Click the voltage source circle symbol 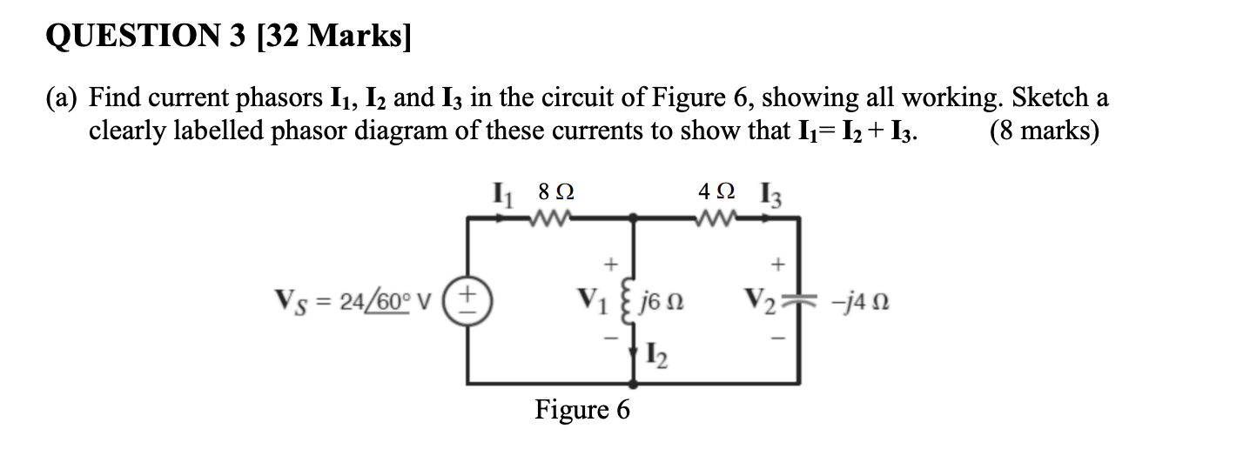click(x=474, y=304)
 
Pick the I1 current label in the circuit click(x=503, y=191)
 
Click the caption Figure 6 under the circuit click(x=581, y=409)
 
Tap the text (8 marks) click(x=1044, y=131)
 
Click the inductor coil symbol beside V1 click(x=633, y=305)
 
